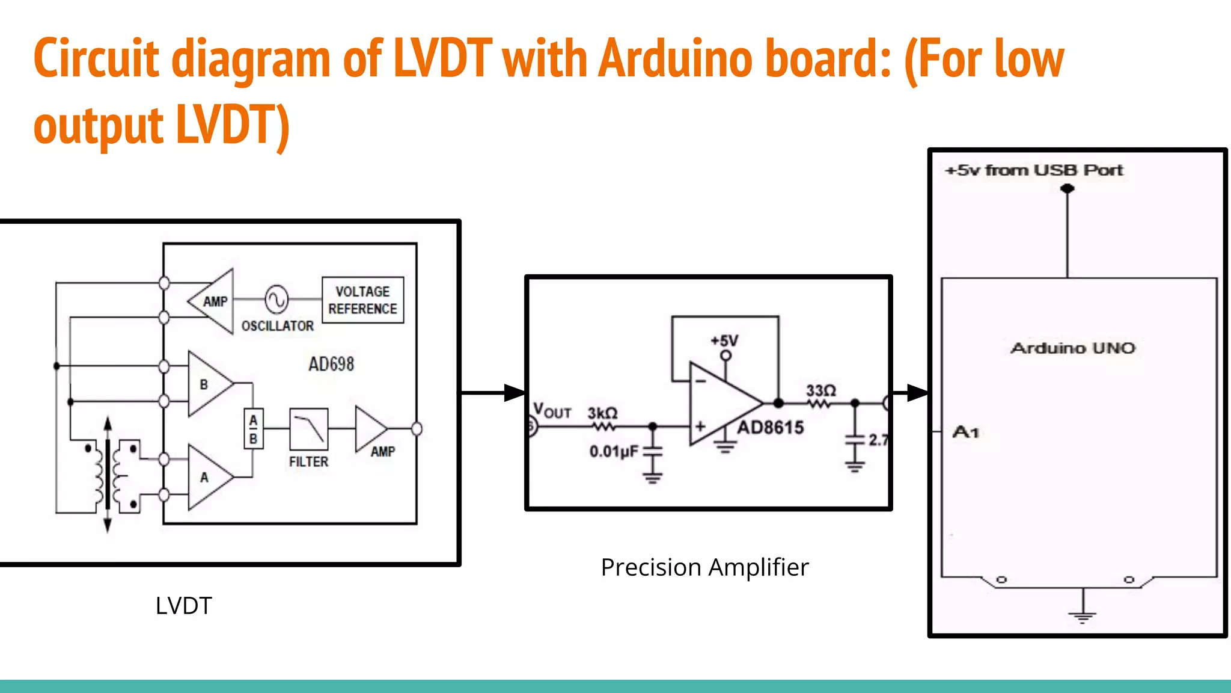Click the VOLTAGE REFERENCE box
click(x=362, y=300)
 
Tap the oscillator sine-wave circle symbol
click(x=276, y=299)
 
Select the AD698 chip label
click(x=331, y=364)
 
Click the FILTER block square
click(x=308, y=429)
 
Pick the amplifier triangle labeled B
click(x=207, y=384)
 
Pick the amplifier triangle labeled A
click(x=207, y=477)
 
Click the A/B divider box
click(x=253, y=429)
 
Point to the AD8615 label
click(x=771, y=428)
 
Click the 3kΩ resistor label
click(x=602, y=413)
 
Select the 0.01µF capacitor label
click(x=614, y=451)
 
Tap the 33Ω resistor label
click(x=820, y=390)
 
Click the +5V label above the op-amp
click(x=724, y=341)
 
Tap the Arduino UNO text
click(x=1073, y=348)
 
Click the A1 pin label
click(x=966, y=432)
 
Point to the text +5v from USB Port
click(x=1034, y=170)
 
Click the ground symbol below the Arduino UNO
click(x=1083, y=615)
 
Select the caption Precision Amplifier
click(x=704, y=567)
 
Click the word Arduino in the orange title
click(x=676, y=59)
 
